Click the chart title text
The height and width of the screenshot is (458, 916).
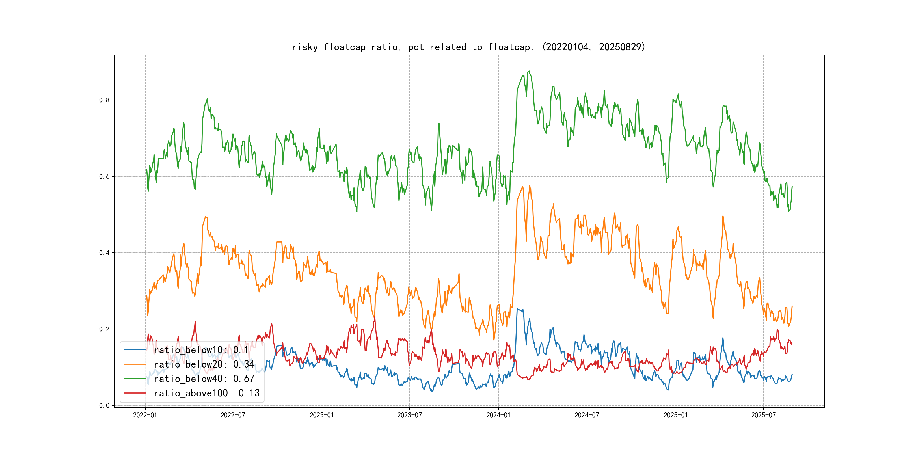(x=468, y=47)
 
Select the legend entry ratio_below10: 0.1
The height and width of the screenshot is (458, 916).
(x=201, y=350)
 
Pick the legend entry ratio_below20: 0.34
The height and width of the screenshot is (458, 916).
(x=204, y=364)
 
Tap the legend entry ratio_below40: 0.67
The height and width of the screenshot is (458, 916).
(x=204, y=379)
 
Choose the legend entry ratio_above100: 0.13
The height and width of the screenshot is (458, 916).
(x=207, y=393)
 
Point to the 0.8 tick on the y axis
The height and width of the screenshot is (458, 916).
(x=104, y=100)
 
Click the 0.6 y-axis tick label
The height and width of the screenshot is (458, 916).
(x=104, y=177)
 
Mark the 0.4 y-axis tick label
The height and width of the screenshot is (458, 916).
(x=104, y=253)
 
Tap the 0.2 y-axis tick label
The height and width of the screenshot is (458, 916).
(x=104, y=329)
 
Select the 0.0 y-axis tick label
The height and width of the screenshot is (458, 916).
(x=104, y=405)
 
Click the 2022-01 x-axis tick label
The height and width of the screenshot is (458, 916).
(x=145, y=415)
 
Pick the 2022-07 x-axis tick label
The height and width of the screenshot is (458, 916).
(x=233, y=415)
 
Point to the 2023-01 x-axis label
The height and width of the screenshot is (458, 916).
(x=322, y=415)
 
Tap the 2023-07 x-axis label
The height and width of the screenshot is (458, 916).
(x=410, y=415)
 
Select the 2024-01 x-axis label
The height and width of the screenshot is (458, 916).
(x=498, y=415)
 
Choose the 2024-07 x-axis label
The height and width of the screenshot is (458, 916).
(x=587, y=415)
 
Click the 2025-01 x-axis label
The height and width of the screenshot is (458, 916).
(x=676, y=415)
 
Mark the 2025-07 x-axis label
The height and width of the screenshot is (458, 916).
(x=763, y=415)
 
